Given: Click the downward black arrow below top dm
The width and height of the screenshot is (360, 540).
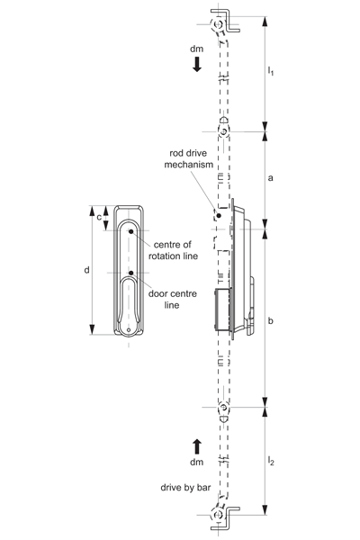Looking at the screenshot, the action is tap(197, 65).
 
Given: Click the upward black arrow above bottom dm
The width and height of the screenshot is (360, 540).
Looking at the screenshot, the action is tap(197, 446).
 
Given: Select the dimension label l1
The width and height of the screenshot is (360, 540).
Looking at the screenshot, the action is tap(271, 71).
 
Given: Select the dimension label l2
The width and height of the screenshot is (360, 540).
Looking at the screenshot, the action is tap(271, 461).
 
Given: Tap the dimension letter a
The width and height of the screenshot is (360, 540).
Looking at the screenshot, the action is tap(270, 178).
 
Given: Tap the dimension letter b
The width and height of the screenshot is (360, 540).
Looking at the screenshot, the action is tap(270, 320).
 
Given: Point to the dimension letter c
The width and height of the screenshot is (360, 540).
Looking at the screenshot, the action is tap(99, 218).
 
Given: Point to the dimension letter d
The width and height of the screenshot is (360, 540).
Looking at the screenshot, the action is tap(86, 270).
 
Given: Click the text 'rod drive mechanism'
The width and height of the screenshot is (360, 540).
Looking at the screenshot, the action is tap(188, 158).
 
